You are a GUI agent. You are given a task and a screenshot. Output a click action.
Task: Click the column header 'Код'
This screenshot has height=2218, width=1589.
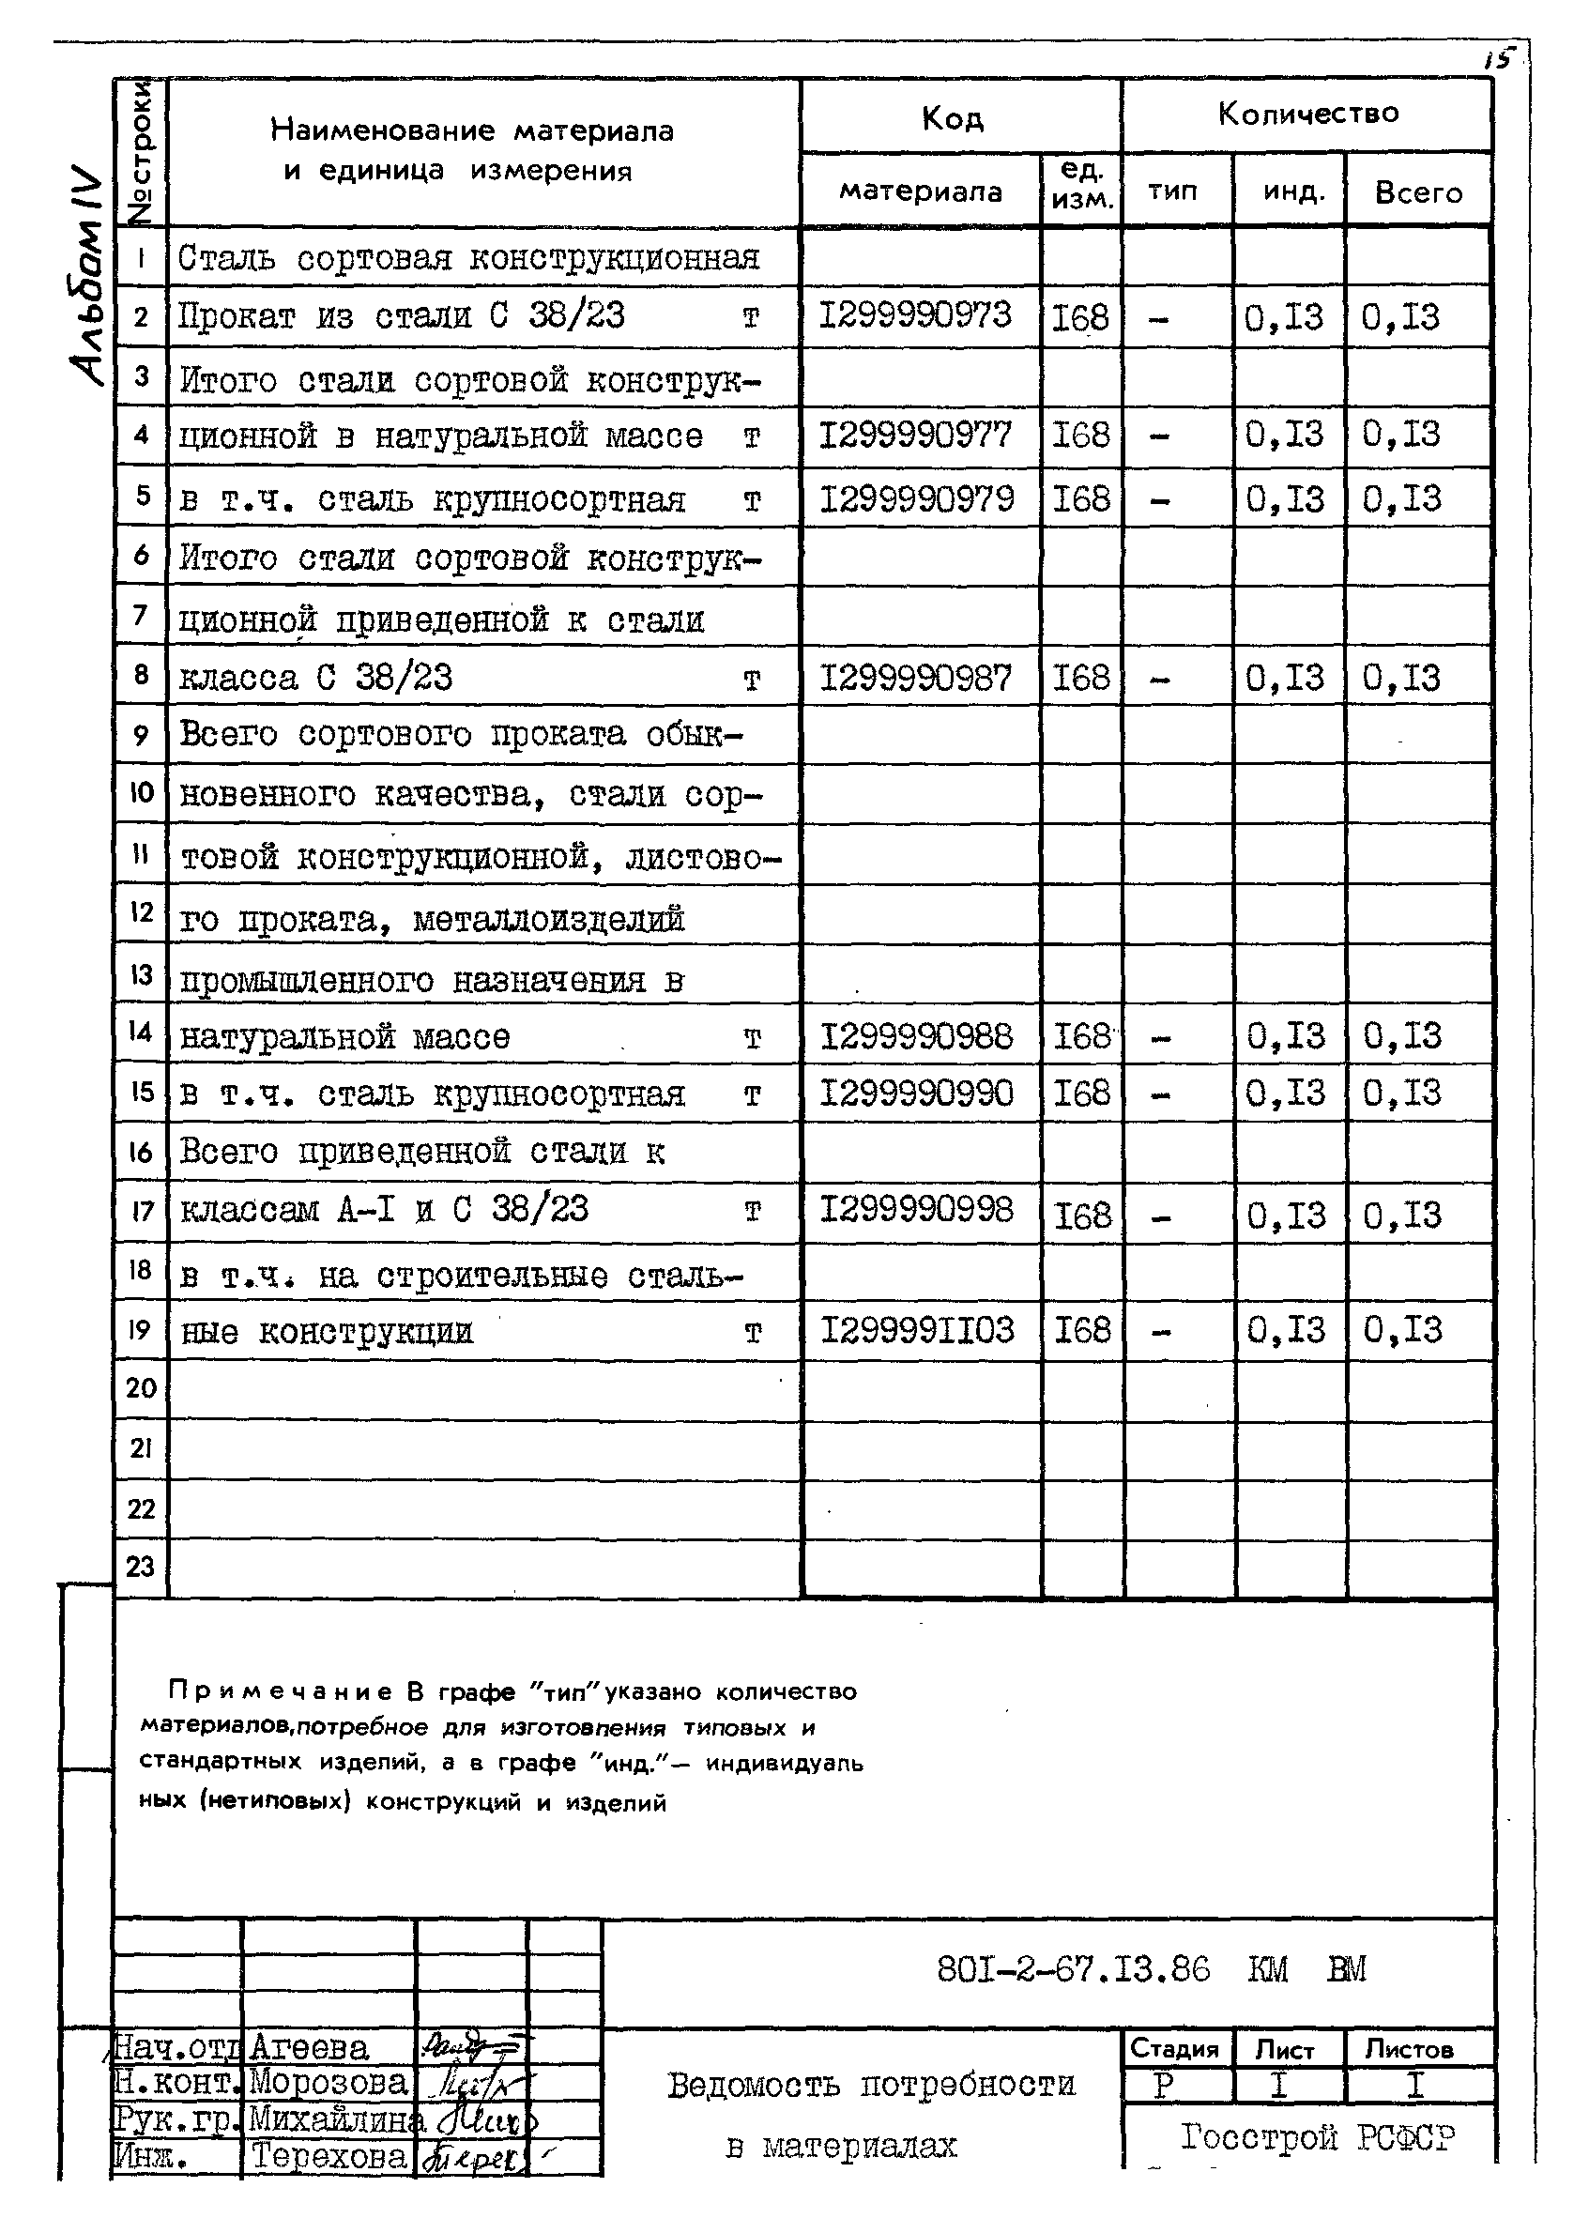pos(952,119)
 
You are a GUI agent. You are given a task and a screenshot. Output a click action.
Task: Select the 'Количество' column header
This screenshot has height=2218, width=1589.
pos(1307,115)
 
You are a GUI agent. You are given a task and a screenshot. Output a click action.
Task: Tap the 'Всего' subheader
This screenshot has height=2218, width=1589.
pos(1418,192)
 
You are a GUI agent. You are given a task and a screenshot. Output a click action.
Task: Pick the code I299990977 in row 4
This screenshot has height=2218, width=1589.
pos(915,435)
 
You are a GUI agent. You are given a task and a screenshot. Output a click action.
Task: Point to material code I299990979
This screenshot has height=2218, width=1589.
pos(916,499)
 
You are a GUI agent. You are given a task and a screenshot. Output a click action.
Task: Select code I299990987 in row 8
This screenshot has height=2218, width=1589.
pos(915,678)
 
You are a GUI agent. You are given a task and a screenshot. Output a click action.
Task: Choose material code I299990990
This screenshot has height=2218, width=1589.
pos(916,1094)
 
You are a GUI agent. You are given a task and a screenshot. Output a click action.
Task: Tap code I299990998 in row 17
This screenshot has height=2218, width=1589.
pos(916,1211)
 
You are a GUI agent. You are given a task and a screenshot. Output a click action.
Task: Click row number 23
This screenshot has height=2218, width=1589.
pos(141,1567)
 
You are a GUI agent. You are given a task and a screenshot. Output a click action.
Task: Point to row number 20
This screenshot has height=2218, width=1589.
pos(141,1387)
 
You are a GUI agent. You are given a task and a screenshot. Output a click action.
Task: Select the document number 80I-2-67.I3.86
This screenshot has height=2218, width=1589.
pos(1073,1968)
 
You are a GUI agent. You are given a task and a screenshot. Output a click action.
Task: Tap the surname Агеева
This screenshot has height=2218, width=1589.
pos(309,2047)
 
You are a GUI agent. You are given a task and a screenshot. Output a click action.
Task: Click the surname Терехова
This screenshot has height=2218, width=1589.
pos(328,2155)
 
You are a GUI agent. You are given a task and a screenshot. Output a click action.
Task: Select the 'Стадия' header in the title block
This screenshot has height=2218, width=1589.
pos(1174,2049)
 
